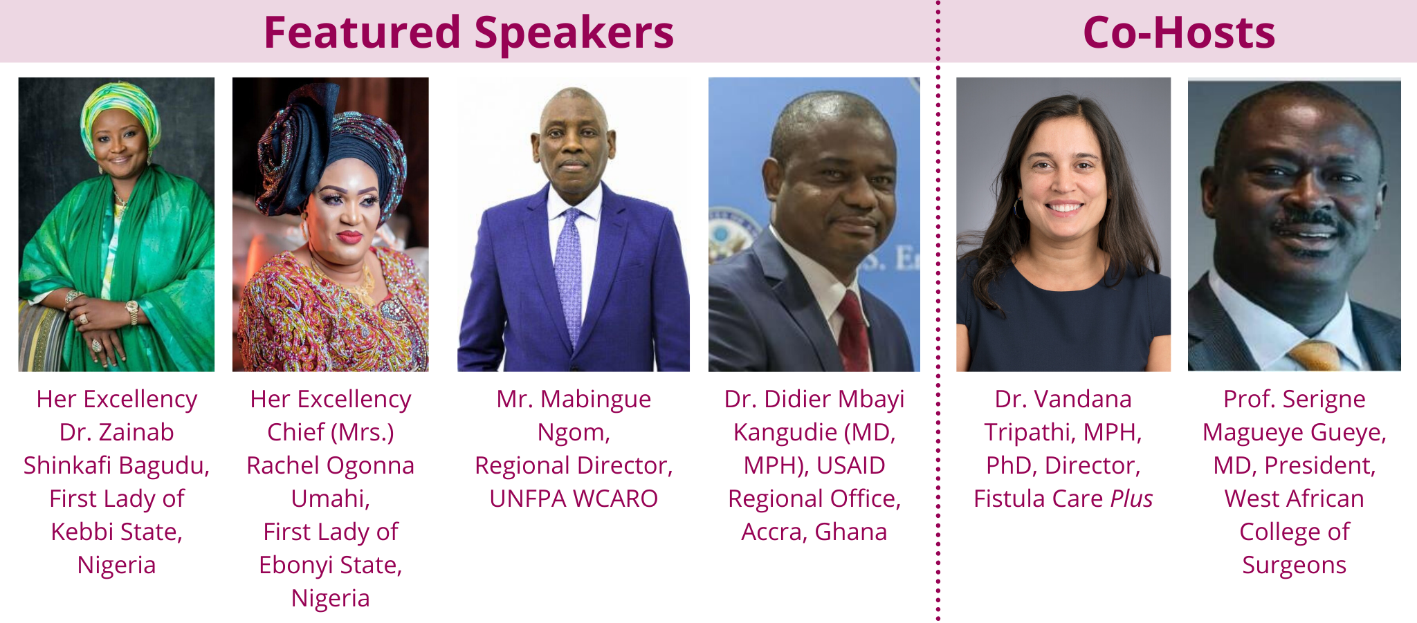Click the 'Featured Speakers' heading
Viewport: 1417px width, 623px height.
tap(468, 32)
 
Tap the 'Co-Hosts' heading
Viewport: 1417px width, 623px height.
tap(1179, 32)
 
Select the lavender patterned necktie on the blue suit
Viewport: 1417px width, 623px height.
tap(569, 277)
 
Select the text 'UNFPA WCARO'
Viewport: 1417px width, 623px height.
tap(574, 499)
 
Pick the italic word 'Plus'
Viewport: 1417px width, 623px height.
tap(1132, 499)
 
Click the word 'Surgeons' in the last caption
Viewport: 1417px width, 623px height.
tap(1294, 566)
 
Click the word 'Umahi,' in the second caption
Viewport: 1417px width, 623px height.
tap(331, 499)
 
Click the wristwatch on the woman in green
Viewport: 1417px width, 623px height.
tap(131, 313)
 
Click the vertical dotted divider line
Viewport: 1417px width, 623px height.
tap(938, 311)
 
